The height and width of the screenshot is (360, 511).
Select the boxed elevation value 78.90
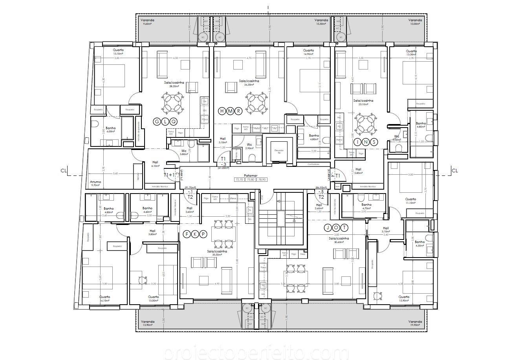pos(262,179)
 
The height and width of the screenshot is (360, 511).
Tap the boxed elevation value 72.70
pos(239,179)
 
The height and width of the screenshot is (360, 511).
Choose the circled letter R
pos(238,111)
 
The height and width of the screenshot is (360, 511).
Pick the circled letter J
pos(328,228)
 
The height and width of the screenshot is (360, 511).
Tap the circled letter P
pos(203,234)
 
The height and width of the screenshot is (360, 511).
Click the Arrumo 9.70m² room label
pos(95,183)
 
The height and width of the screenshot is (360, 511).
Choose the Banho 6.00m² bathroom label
pos(110,129)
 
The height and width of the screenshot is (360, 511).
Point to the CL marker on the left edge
pos(62,171)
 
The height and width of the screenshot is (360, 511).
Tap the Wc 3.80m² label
pos(183,152)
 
